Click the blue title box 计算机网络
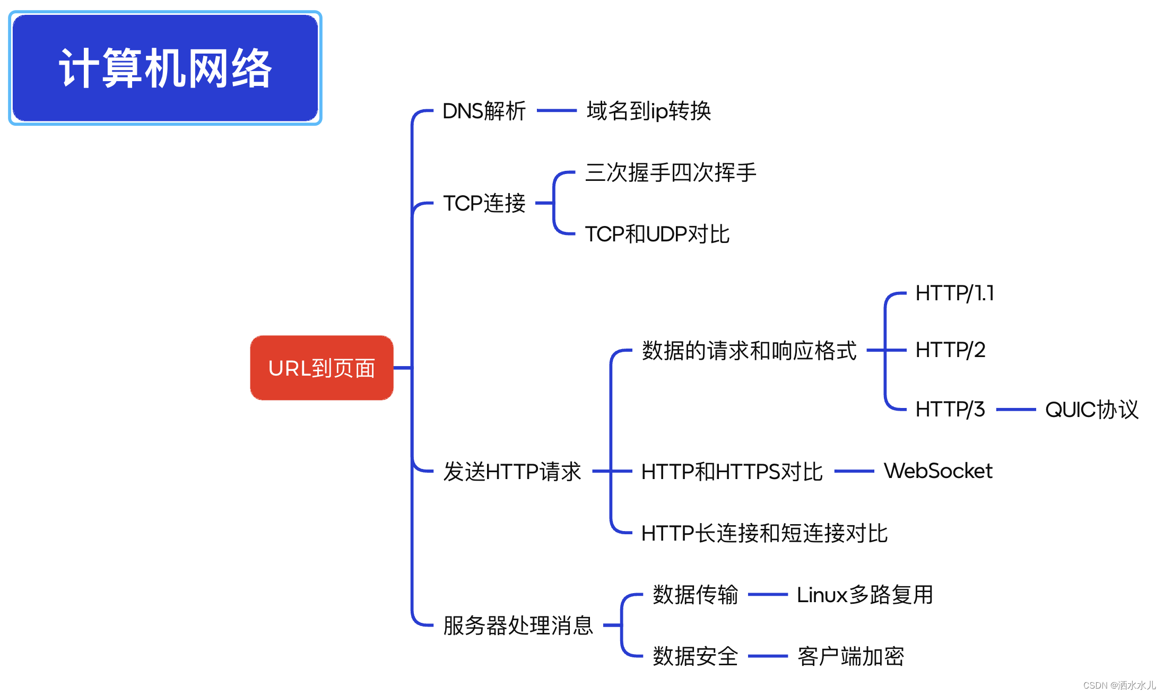(x=165, y=68)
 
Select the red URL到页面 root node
(x=322, y=368)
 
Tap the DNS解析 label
(x=484, y=111)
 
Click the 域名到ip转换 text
(x=648, y=111)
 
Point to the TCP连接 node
(x=484, y=203)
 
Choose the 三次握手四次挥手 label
(x=671, y=172)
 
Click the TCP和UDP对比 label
(x=657, y=234)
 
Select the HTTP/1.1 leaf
(x=954, y=293)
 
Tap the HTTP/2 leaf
(x=950, y=350)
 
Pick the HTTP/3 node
(x=950, y=410)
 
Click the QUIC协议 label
(x=1091, y=410)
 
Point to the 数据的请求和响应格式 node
(x=749, y=351)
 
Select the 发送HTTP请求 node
(x=512, y=471)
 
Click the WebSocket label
(x=938, y=471)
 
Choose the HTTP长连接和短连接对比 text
(x=765, y=533)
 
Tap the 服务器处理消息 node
(x=518, y=626)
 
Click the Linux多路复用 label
(x=865, y=595)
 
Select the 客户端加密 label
(x=850, y=656)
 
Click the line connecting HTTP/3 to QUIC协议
(x=1016, y=410)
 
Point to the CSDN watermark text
(x=1119, y=685)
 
